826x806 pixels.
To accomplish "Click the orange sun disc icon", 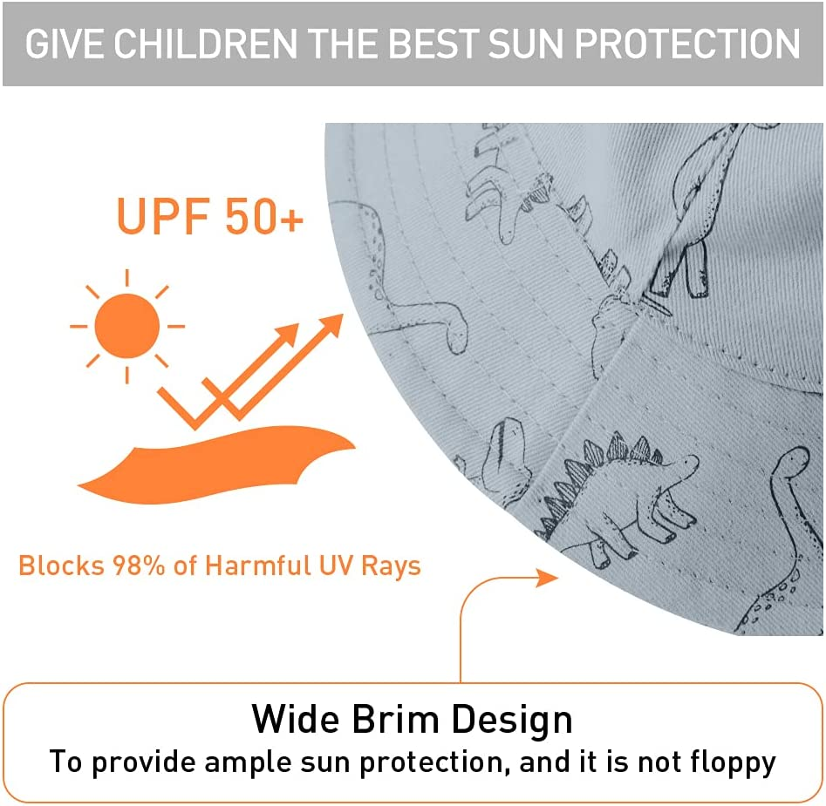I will pos(127,326).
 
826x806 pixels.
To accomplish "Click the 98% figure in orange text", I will pos(140,566).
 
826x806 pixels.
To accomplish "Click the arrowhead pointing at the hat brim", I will pos(546,577).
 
